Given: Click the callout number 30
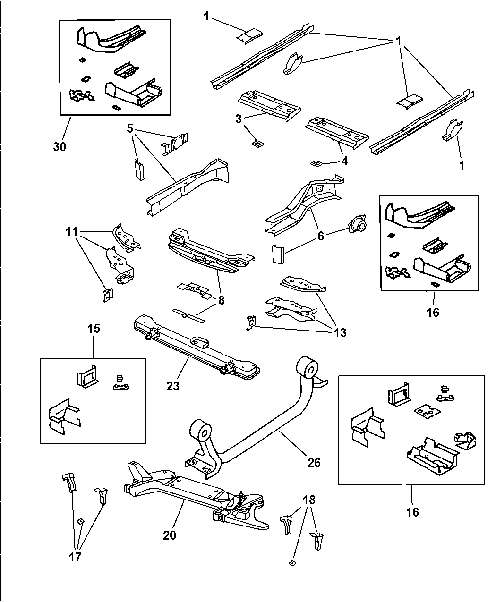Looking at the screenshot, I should [x=60, y=146].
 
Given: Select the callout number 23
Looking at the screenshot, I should [x=173, y=386].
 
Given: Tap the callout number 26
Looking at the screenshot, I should [x=314, y=462].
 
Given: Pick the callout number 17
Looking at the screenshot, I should [x=75, y=557].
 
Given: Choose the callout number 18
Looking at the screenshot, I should [x=309, y=500].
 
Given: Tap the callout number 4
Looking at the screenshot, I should [x=345, y=161].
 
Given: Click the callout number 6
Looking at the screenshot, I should [x=321, y=236].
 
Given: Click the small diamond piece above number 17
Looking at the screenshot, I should [x=80, y=521].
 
